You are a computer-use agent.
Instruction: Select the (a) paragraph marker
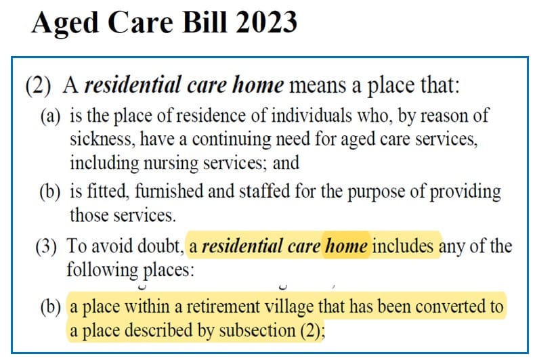(52, 116)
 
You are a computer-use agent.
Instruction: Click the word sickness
(95, 140)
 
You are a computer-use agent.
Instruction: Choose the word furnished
(163, 192)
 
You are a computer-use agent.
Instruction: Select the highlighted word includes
(404, 246)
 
